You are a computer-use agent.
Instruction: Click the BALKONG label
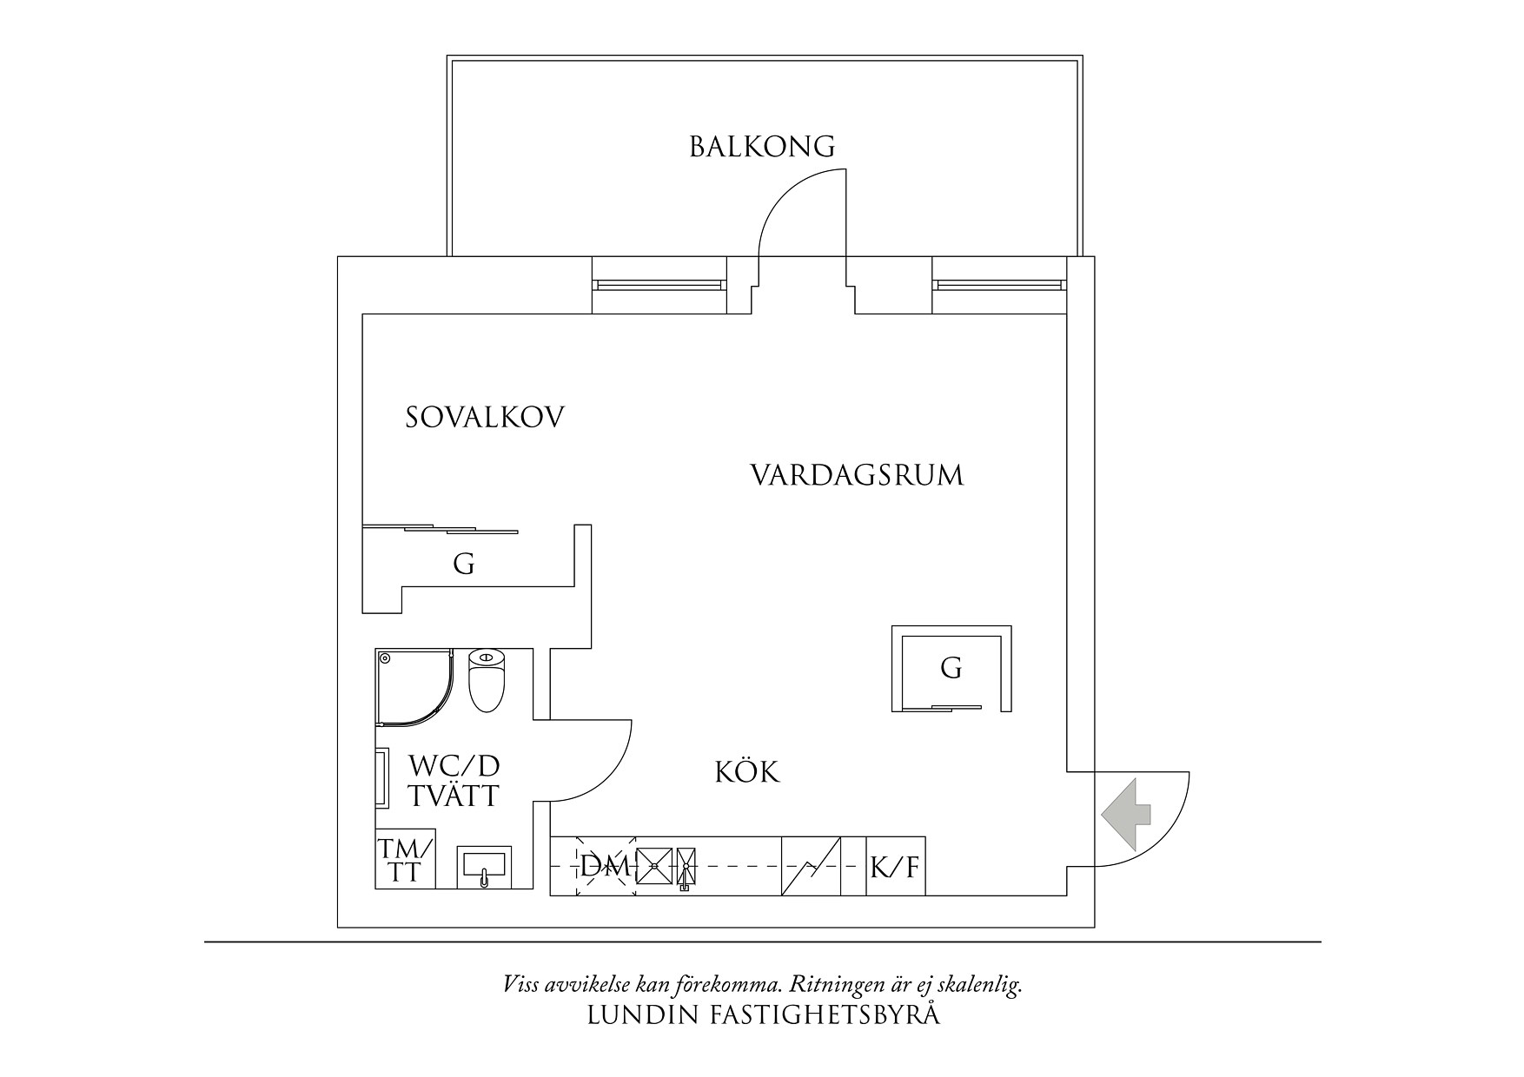click(x=762, y=147)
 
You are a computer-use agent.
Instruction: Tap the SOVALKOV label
click(x=485, y=418)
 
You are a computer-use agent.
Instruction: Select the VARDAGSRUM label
click(x=857, y=476)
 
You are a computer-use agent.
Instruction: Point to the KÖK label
click(x=747, y=772)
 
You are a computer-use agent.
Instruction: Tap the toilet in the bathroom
click(x=487, y=681)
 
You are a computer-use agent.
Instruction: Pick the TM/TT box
click(x=405, y=861)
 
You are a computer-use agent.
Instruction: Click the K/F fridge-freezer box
click(x=896, y=866)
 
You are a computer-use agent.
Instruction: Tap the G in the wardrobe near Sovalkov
click(x=464, y=565)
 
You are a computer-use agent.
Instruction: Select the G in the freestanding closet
click(x=951, y=669)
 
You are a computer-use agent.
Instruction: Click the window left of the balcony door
click(x=659, y=285)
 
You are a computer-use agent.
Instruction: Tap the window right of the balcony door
click(x=999, y=285)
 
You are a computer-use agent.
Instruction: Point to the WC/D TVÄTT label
click(x=454, y=781)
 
